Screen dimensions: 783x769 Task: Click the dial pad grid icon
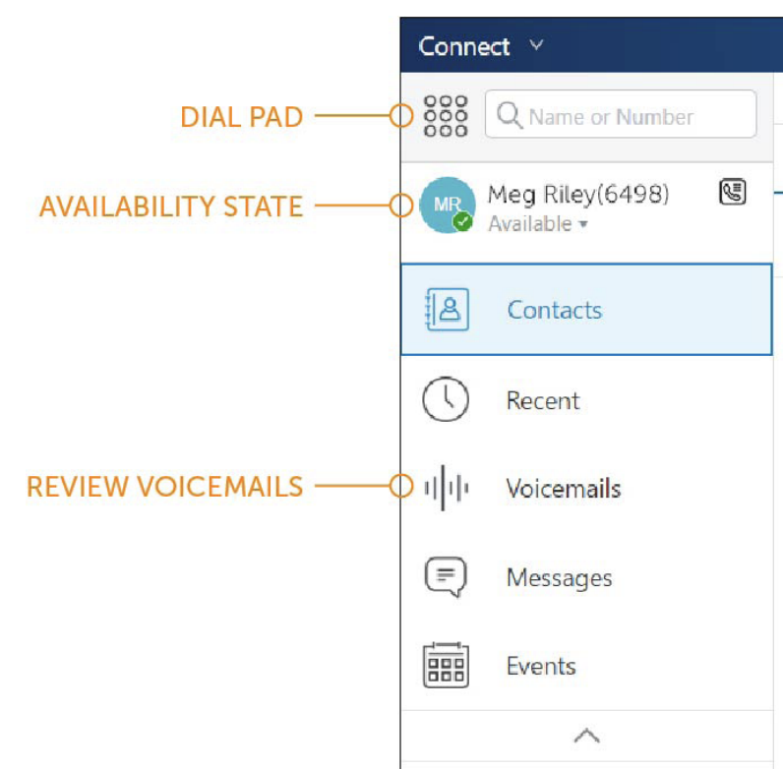coord(446,116)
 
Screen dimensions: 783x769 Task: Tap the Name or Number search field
coord(621,114)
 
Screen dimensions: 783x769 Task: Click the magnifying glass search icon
coord(510,115)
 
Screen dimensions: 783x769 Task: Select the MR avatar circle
coord(447,205)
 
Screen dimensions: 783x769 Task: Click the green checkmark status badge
coord(463,221)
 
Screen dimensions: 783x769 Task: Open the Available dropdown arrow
coord(582,225)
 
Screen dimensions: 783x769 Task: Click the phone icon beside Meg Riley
coord(733,192)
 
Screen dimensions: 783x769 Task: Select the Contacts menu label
coord(554,310)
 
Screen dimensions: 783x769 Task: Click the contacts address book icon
coord(447,310)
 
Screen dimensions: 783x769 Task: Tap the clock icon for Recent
coord(446,399)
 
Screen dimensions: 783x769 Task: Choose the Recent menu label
coord(543,400)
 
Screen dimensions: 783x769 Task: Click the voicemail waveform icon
coord(446,488)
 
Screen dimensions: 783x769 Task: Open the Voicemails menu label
coord(564,489)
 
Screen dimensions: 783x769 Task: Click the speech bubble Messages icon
coord(446,576)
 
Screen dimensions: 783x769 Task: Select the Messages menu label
coord(560,578)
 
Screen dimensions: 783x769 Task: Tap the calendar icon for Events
coord(446,665)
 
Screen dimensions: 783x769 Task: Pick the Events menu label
coord(541,666)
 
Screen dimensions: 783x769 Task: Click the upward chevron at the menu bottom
coord(586,736)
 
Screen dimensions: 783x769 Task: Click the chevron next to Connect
coord(537,45)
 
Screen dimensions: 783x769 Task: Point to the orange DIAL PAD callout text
coord(242,117)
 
